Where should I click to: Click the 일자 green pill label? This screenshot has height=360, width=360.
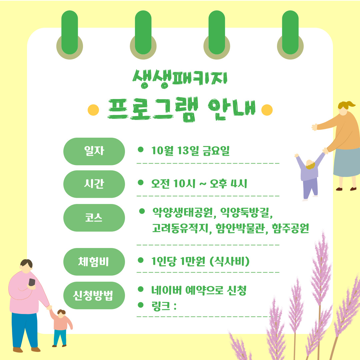point(94,151)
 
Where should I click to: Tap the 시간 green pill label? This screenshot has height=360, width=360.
point(94,184)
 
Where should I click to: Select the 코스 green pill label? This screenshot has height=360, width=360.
point(94,218)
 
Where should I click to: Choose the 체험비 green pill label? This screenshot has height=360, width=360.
point(94,262)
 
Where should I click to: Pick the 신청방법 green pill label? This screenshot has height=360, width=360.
point(94,295)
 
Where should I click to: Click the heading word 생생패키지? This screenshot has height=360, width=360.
point(180,79)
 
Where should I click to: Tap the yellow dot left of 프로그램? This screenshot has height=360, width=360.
point(93,110)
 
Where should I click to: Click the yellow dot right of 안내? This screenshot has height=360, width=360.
point(267,110)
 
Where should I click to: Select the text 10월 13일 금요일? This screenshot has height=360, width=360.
point(190,151)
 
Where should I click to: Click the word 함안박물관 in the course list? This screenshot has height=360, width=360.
point(240,228)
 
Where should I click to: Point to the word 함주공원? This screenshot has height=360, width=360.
point(290,228)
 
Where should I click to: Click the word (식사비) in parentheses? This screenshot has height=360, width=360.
point(230,261)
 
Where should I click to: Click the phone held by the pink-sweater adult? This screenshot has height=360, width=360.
point(32,282)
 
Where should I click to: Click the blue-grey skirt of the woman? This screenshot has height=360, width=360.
point(347,162)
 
